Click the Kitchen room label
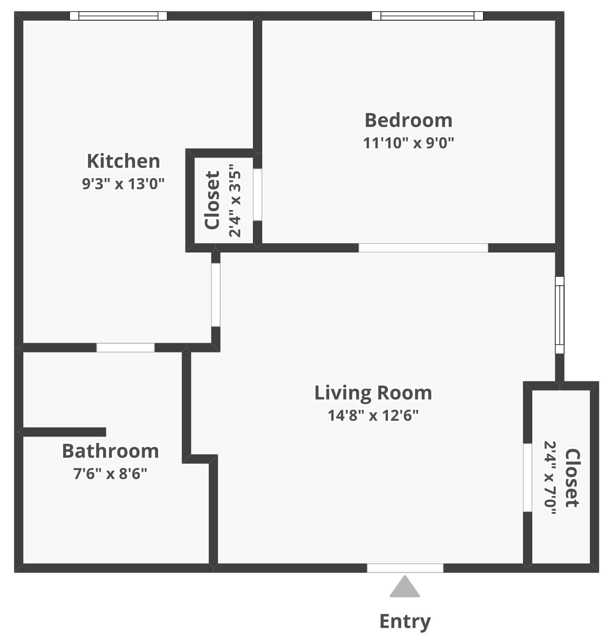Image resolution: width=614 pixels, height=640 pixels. coord(123,161)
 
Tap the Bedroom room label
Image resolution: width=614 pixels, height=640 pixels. coord(409,120)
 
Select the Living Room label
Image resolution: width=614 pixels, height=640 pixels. coord(373,393)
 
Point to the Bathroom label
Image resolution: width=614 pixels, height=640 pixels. coord(111,451)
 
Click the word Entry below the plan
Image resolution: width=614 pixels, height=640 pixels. coord(405,621)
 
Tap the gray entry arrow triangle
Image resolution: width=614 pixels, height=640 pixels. coord(405,587)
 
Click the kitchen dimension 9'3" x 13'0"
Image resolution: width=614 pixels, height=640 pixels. coord(123,183)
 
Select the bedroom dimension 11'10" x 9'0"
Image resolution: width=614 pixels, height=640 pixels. coord(409,143)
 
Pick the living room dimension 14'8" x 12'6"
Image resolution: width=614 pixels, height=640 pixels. coord(373,416)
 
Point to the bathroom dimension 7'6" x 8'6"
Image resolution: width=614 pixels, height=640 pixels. coord(111,474)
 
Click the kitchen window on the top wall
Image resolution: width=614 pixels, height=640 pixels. coord(118,16)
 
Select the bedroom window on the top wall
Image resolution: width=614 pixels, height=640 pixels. coord(427,16)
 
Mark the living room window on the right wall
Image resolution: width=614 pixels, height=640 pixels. coord(559,315)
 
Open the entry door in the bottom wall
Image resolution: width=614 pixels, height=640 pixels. coord(405,568)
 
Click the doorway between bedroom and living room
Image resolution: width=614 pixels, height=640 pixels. coord(423,248)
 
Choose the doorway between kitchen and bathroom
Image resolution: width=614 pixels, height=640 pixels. coord(125,347)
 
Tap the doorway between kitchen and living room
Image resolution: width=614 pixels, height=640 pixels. coord(216,295)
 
